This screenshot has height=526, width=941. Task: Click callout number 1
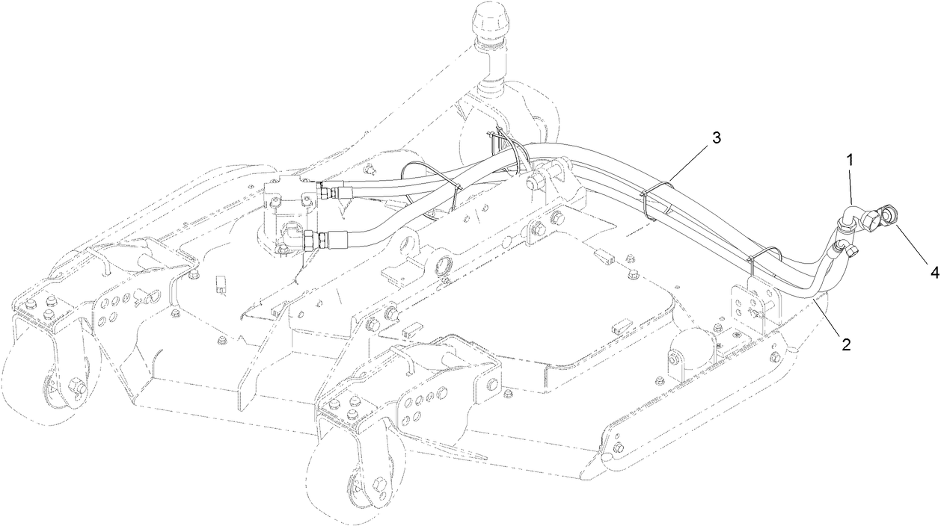[849, 160]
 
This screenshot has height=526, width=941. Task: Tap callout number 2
[845, 344]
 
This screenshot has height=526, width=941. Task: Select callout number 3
[716, 137]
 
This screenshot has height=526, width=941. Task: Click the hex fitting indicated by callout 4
[888, 217]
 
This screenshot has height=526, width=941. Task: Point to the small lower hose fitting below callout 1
[846, 247]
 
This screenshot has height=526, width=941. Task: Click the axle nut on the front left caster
[76, 387]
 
